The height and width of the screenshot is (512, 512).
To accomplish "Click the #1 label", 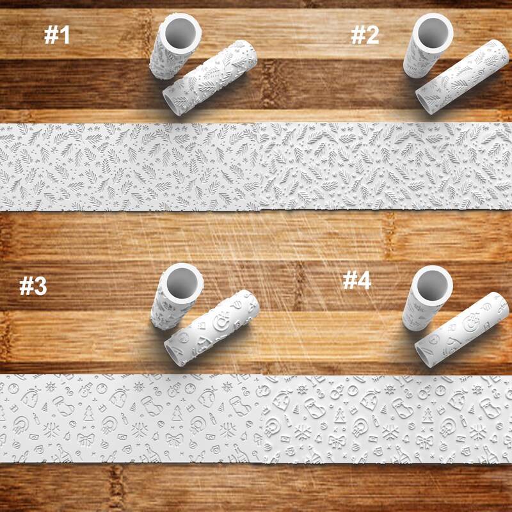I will tap(56, 36).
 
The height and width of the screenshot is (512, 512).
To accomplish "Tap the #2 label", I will tap(365, 36).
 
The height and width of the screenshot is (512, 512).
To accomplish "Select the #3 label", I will tap(33, 286).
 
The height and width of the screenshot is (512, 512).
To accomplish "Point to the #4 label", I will tap(356, 280).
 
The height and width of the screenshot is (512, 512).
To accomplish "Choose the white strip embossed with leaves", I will tap(256, 166).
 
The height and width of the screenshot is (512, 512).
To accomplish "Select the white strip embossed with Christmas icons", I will tap(256, 419).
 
